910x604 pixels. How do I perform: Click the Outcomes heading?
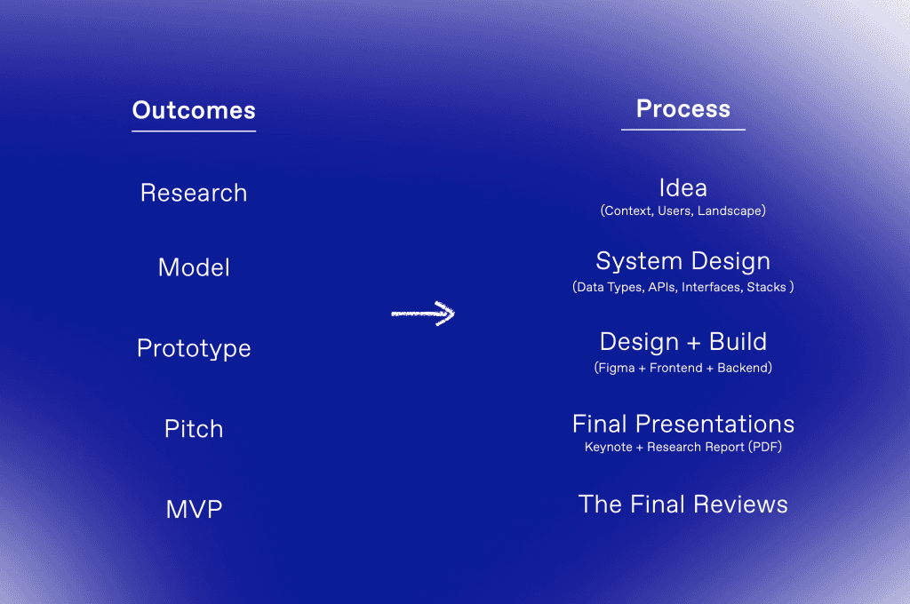pos(194,110)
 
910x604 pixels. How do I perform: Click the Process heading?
pos(683,108)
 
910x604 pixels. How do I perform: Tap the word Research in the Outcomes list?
pos(194,193)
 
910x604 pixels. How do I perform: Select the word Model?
pos(194,267)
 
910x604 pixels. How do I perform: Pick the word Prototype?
pos(194,348)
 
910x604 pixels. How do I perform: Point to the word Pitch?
pos(194,429)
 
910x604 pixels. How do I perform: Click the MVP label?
pos(194,510)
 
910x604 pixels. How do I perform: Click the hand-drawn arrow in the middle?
pos(422,314)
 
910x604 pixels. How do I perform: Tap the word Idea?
pos(683,188)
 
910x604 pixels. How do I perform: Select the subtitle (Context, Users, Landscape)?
pos(683,211)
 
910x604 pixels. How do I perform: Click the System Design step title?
pos(683,262)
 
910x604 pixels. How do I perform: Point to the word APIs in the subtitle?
pos(662,287)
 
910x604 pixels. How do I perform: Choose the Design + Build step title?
pos(683,342)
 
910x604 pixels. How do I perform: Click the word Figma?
pos(617,368)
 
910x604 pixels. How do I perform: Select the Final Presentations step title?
pos(683,425)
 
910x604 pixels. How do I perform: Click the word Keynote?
pos(608,447)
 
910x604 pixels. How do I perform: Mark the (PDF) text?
pos(765,447)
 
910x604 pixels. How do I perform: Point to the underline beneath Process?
pos(683,130)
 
